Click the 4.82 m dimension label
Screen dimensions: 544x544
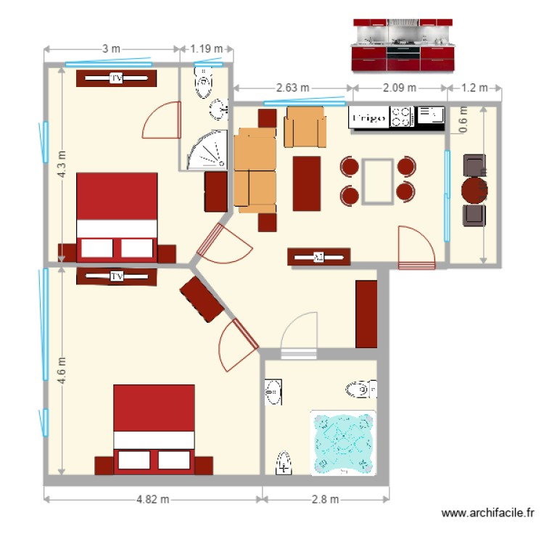coord(152,499)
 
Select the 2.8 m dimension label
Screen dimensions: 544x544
coord(326,499)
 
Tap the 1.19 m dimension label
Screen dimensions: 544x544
coord(207,49)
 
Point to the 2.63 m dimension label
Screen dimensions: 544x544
coord(294,88)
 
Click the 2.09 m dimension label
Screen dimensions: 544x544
coord(400,88)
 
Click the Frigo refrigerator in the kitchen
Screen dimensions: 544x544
coord(368,118)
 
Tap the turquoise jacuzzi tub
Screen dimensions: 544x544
coord(343,443)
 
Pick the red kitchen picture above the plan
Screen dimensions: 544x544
coord(403,46)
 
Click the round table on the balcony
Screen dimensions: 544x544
coord(474,191)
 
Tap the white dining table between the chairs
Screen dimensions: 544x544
coord(378,181)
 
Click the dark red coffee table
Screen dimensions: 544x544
coord(307,184)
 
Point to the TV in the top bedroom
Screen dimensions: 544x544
coord(116,78)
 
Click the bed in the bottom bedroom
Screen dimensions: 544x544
coord(154,428)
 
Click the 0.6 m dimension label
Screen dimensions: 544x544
coord(462,119)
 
